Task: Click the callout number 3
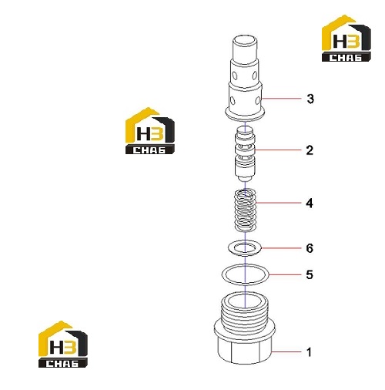coord(310,99)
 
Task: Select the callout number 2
coord(310,150)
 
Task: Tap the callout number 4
coord(310,203)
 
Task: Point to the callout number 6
coord(310,248)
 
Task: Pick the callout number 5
coord(310,274)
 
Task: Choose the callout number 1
coord(310,352)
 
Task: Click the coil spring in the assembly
coord(246,210)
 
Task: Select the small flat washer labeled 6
coord(229,248)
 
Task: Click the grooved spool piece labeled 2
coord(245,153)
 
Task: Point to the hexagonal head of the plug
coord(245,350)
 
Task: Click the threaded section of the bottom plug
coord(245,315)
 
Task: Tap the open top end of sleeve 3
coord(245,41)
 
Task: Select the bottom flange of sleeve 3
coord(245,114)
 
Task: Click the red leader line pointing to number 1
coord(286,351)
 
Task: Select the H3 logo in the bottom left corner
coord(63,345)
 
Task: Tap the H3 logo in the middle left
coord(150,131)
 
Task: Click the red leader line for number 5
coord(285,274)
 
